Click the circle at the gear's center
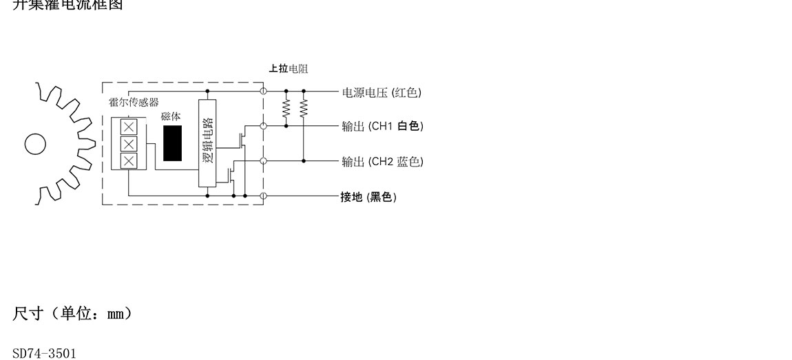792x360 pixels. (x=35, y=144)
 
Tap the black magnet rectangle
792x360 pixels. (x=173, y=143)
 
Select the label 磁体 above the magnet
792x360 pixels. (x=171, y=118)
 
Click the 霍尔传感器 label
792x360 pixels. (x=134, y=102)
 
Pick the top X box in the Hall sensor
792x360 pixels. (x=129, y=127)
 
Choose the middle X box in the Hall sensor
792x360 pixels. (x=129, y=144)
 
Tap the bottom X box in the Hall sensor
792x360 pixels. (x=129, y=161)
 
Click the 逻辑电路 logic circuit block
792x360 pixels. (x=207, y=143)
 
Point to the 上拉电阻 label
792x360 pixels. (x=289, y=68)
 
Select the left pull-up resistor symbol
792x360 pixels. (x=286, y=108)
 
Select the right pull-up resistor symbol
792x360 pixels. (x=304, y=108)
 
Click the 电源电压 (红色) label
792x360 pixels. (x=382, y=92)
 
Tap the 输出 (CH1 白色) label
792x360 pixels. (x=382, y=126)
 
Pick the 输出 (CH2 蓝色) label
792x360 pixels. (x=382, y=162)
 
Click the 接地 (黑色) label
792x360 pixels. (x=368, y=197)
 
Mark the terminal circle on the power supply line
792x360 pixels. (x=263, y=91)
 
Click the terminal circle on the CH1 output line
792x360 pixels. (x=263, y=126)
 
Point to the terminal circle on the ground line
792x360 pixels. (x=263, y=196)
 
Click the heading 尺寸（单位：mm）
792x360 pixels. (x=72, y=314)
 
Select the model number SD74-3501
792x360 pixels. (x=45, y=354)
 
